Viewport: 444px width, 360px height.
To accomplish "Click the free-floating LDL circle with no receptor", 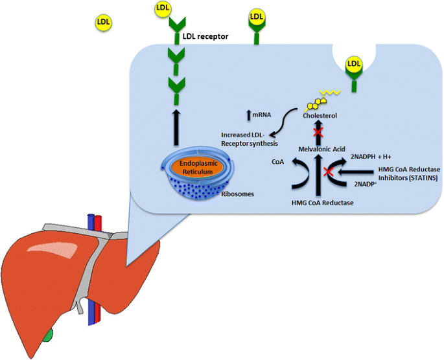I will [x=103, y=22].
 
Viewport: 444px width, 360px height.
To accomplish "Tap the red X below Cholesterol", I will [x=318, y=133].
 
